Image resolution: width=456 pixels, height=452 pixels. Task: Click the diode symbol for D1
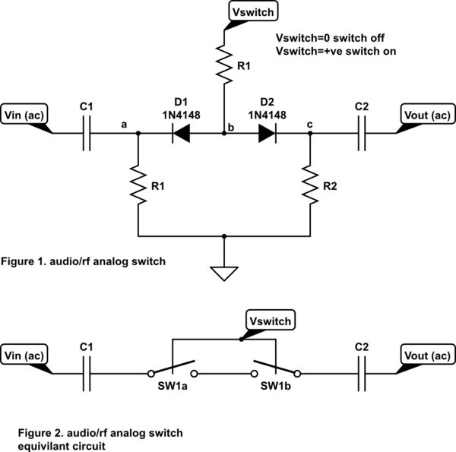(x=180, y=134)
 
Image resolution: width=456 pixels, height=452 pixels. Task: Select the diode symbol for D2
(x=267, y=134)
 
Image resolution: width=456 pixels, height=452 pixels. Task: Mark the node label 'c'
(x=309, y=125)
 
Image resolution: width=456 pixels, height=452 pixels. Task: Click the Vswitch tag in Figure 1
(x=253, y=11)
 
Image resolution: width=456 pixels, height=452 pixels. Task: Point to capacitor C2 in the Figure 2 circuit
(x=362, y=373)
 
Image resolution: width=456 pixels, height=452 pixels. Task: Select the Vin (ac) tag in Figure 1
(x=26, y=114)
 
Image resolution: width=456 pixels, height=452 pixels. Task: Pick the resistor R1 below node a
(x=138, y=183)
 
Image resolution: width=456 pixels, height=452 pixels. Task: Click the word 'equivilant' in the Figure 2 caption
(x=46, y=446)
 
